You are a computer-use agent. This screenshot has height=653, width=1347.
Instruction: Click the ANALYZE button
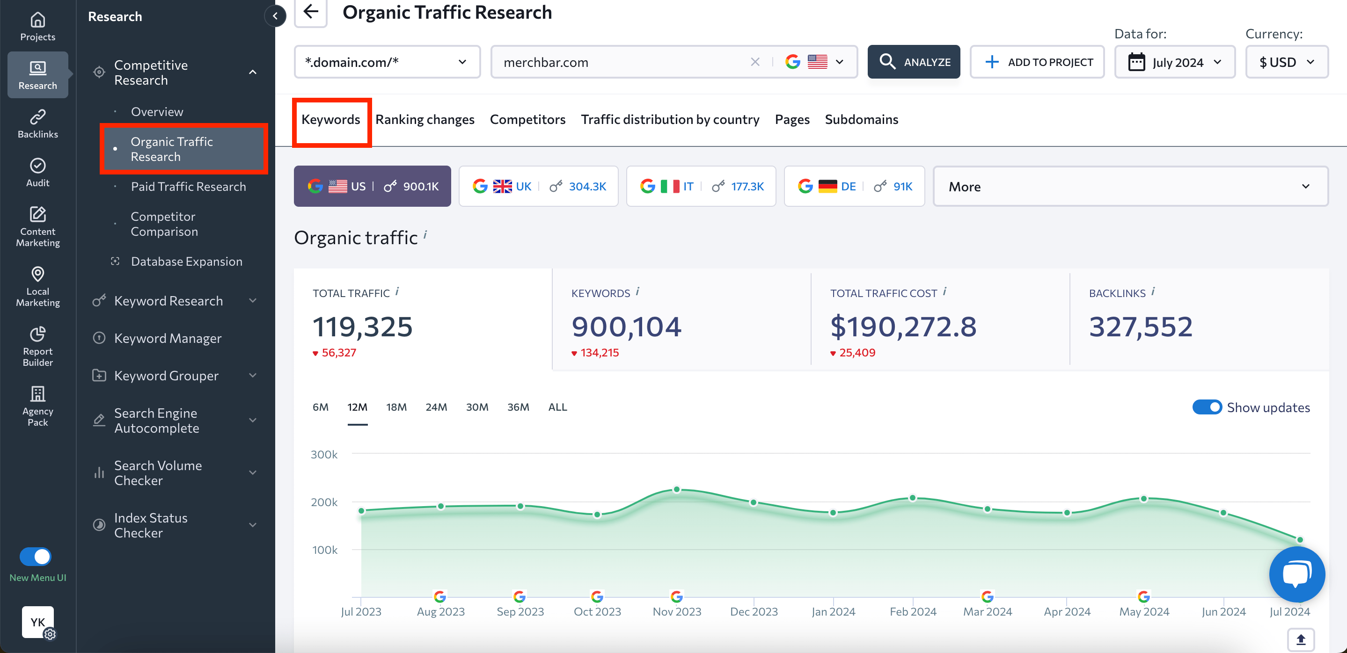tap(914, 62)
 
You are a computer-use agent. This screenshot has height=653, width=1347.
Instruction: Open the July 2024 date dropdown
tap(1174, 62)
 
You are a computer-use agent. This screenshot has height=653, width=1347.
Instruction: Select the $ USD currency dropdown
tap(1286, 62)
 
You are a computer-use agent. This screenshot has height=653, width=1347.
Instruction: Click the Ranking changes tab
tap(425, 120)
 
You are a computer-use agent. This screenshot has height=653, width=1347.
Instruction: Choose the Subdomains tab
tap(861, 120)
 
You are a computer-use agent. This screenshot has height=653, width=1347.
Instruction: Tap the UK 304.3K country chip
tap(538, 187)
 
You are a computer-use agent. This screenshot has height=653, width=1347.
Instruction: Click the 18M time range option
tap(396, 407)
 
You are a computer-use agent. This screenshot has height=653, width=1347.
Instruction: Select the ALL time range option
tap(557, 407)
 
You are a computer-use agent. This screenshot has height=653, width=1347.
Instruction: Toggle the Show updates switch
tap(1207, 407)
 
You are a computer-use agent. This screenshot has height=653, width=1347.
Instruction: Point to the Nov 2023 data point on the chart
tap(677, 489)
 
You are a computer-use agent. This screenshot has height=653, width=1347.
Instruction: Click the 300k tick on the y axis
tap(324, 455)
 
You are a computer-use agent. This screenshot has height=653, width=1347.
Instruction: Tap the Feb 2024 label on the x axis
tap(913, 612)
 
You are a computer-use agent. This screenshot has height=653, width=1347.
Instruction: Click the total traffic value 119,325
tap(362, 327)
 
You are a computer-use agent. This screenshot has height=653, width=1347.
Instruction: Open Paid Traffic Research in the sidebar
tap(188, 187)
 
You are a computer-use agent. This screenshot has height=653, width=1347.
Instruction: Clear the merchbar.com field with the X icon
tap(755, 62)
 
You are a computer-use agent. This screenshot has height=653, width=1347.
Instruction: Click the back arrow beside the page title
tap(311, 12)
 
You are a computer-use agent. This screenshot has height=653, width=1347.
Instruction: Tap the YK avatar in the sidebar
tap(37, 622)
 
